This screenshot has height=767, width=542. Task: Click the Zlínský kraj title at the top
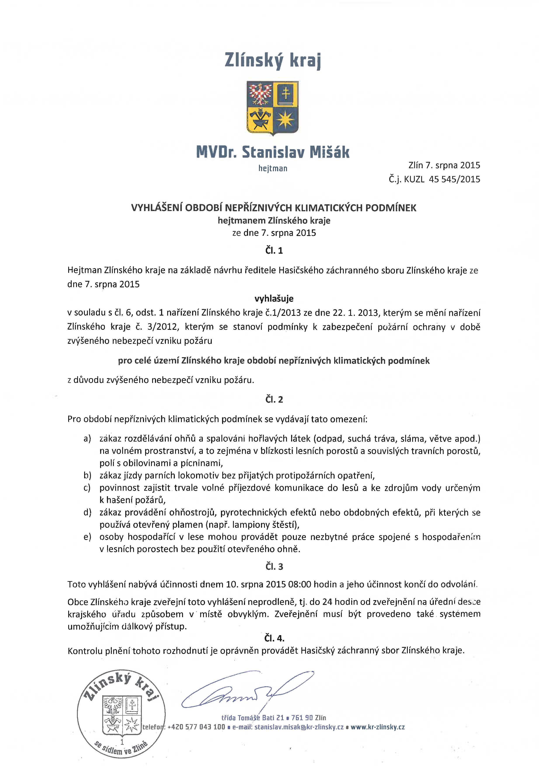coord(273,60)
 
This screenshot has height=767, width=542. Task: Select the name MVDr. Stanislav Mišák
coord(273,152)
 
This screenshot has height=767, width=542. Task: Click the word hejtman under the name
coord(273,168)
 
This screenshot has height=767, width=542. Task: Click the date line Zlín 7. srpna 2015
coord(444,165)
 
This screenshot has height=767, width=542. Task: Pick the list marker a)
coord(87,439)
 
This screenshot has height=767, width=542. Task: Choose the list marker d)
coord(87,512)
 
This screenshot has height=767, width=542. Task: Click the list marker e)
coord(87,537)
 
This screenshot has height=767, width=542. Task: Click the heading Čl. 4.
coord(274,638)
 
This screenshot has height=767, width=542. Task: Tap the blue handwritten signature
coord(247,692)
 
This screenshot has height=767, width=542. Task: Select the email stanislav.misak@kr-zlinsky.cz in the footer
coord(299,727)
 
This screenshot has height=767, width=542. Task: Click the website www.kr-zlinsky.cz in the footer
coord(377,727)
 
